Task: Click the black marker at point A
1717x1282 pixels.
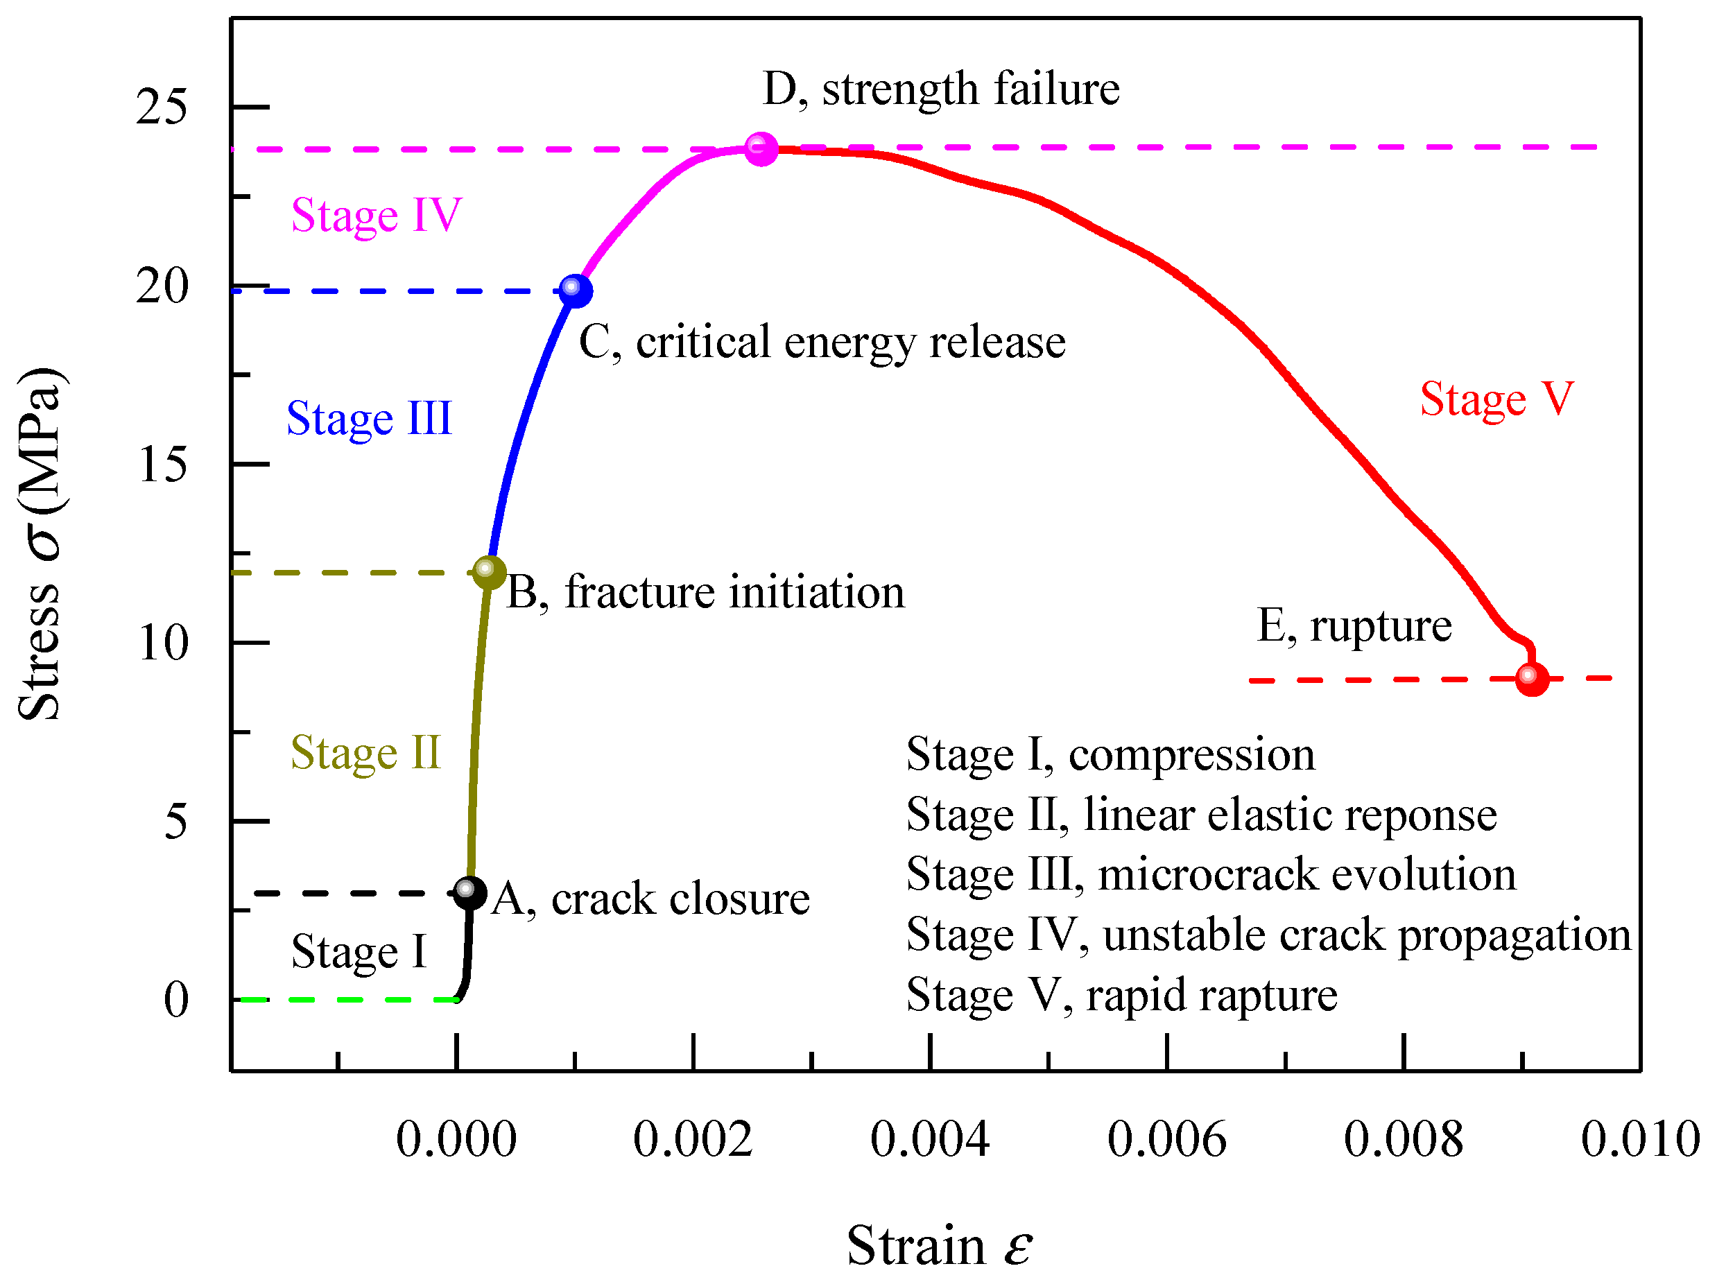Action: tap(469, 892)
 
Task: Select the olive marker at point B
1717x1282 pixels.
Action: tap(489, 573)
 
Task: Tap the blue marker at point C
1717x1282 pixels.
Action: tap(575, 291)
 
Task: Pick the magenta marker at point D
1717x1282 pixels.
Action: tap(761, 148)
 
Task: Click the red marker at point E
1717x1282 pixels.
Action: tap(1531, 679)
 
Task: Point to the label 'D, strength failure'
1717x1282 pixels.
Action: tap(941, 89)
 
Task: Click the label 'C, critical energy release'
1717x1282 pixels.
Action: tap(822, 343)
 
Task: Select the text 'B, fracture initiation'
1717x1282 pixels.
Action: tap(705, 592)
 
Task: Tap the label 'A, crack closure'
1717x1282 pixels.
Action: tap(650, 899)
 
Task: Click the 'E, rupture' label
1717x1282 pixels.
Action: tap(1354, 625)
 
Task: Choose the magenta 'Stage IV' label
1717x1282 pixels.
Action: tap(376, 215)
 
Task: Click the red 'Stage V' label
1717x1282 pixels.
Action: tap(1496, 399)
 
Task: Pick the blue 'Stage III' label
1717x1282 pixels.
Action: tap(369, 418)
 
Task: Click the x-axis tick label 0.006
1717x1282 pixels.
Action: tap(1166, 1140)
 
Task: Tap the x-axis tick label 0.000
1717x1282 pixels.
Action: tap(456, 1140)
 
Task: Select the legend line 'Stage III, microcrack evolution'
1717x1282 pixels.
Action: tap(1211, 874)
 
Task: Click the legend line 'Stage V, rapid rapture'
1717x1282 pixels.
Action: tap(1121, 995)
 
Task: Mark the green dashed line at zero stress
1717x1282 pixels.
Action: tap(350, 1000)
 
